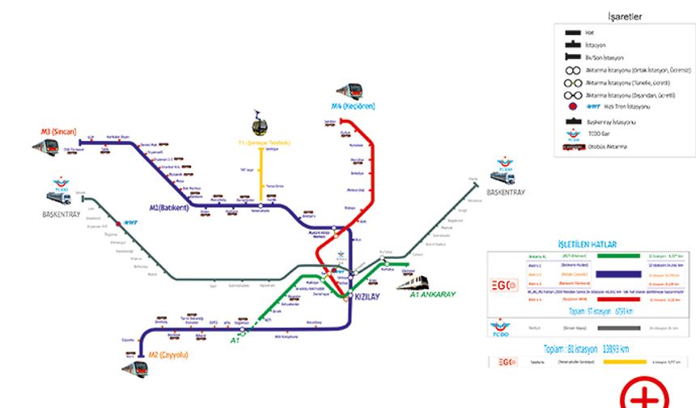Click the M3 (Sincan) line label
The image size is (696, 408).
click(57, 132)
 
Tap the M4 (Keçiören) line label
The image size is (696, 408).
click(353, 106)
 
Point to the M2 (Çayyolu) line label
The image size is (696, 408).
click(168, 355)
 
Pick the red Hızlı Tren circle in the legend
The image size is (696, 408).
click(571, 107)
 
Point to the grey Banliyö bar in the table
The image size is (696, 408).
click(617, 329)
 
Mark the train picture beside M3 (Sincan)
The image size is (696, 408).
click(46, 147)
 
